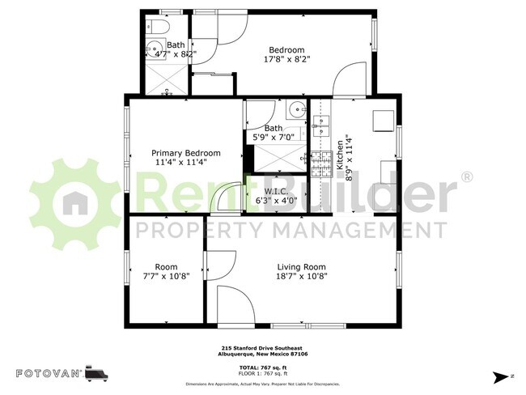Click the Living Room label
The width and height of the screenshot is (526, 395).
pos(301,267)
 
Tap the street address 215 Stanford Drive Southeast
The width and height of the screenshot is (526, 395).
pos(263,347)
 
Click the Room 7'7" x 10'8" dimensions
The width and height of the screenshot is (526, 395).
pos(167,276)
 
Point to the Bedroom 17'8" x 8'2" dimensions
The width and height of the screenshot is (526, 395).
pos(286,58)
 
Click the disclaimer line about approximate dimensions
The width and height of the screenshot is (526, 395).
pos(263,384)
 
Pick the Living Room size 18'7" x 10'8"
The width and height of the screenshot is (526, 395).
pos(301,276)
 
